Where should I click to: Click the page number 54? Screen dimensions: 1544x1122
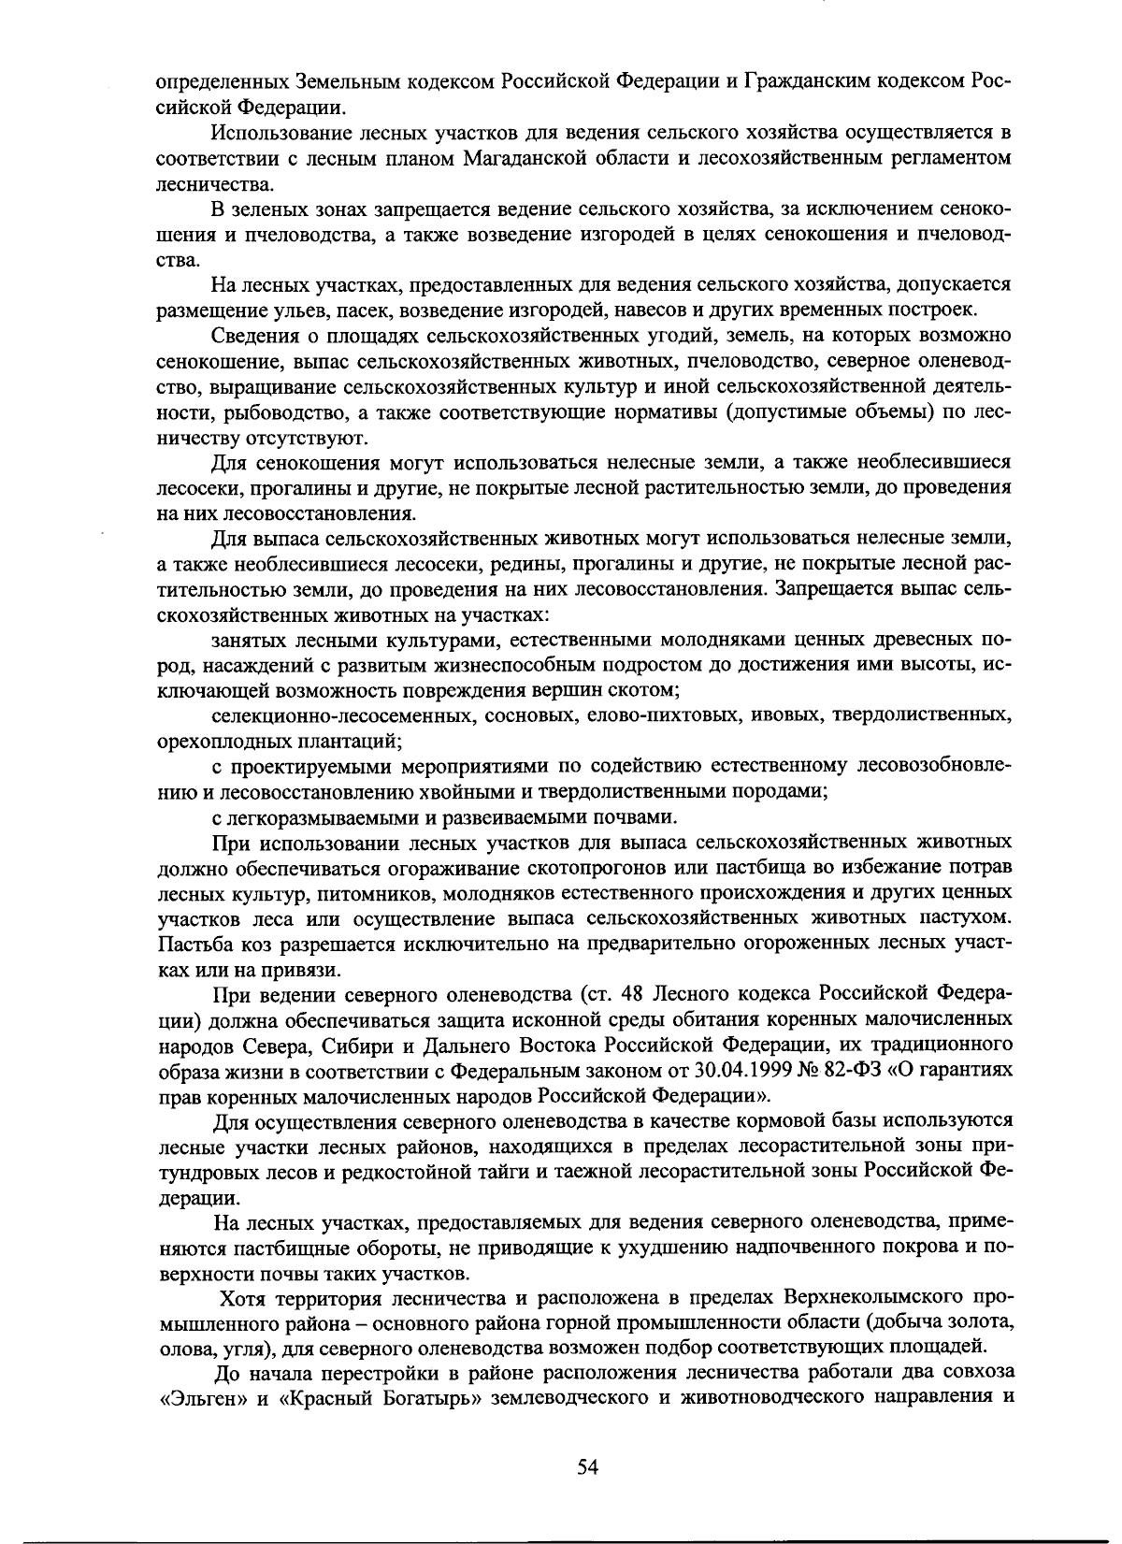[x=587, y=1467]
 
